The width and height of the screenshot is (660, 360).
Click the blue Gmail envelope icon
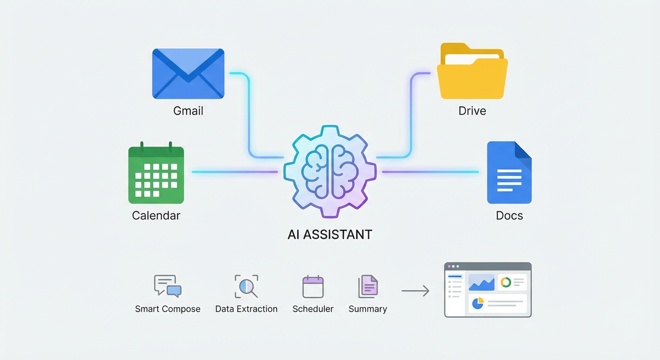[188, 74]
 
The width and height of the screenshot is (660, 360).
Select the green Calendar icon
[156, 174]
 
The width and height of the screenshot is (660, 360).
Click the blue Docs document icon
[509, 172]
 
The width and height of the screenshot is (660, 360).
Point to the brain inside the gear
[330, 172]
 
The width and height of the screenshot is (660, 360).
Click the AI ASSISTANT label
[330, 234]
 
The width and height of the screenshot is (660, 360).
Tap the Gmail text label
[188, 111]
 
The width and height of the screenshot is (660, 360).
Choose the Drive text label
[472, 111]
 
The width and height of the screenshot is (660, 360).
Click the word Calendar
[156, 216]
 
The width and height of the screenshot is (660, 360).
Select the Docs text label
[509, 216]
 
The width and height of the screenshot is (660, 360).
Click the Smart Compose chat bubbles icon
[167, 286]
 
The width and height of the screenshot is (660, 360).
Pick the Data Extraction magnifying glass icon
[246, 286]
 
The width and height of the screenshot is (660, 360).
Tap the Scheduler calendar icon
[313, 286]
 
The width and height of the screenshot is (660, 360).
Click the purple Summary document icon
[368, 286]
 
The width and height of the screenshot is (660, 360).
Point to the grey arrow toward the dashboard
[415, 291]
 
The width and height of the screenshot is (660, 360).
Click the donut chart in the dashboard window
[505, 282]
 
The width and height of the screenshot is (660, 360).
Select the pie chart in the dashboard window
[477, 303]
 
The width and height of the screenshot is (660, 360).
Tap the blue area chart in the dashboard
[481, 283]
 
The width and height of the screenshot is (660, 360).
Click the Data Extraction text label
[246, 309]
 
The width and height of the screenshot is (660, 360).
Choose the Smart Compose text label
[167, 309]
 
